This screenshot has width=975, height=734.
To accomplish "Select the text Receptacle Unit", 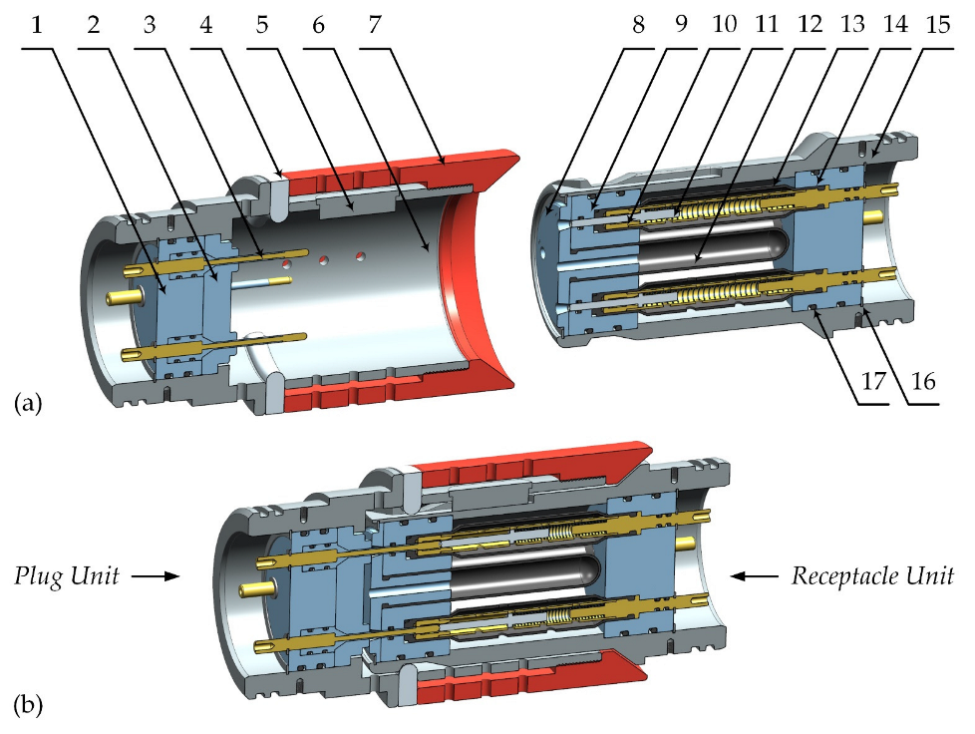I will pyautogui.click(x=872, y=575).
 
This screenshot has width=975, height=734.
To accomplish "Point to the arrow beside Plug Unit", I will pyautogui.click(x=156, y=575).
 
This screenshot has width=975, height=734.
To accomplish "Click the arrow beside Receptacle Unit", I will pyautogui.click(x=754, y=575).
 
